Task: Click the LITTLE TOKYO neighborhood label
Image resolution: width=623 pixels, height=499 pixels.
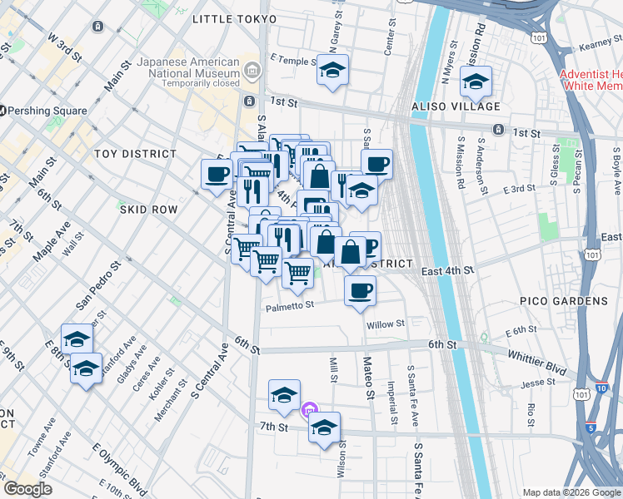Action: coord(234,18)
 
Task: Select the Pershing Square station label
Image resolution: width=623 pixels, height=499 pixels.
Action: coord(48,111)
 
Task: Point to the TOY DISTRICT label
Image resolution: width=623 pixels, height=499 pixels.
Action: coord(135,154)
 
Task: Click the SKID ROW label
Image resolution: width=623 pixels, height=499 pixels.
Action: coord(148,210)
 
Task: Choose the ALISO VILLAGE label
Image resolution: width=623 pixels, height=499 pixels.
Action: coord(456,106)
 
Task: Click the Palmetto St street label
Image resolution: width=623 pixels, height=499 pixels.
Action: coord(290,306)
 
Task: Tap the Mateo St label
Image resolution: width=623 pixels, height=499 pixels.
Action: coord(367,374)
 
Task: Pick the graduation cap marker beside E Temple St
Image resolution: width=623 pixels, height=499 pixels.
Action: coord(332,72)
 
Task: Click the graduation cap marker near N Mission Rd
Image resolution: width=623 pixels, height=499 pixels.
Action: coord(476,82)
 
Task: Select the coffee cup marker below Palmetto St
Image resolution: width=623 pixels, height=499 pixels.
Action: coord(360,291)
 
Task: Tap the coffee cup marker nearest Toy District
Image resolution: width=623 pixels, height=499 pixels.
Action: coord(217,175)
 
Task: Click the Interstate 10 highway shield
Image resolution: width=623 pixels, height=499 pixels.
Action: coord(601,388)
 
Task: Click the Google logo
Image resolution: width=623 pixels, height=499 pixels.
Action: coord(28,489)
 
